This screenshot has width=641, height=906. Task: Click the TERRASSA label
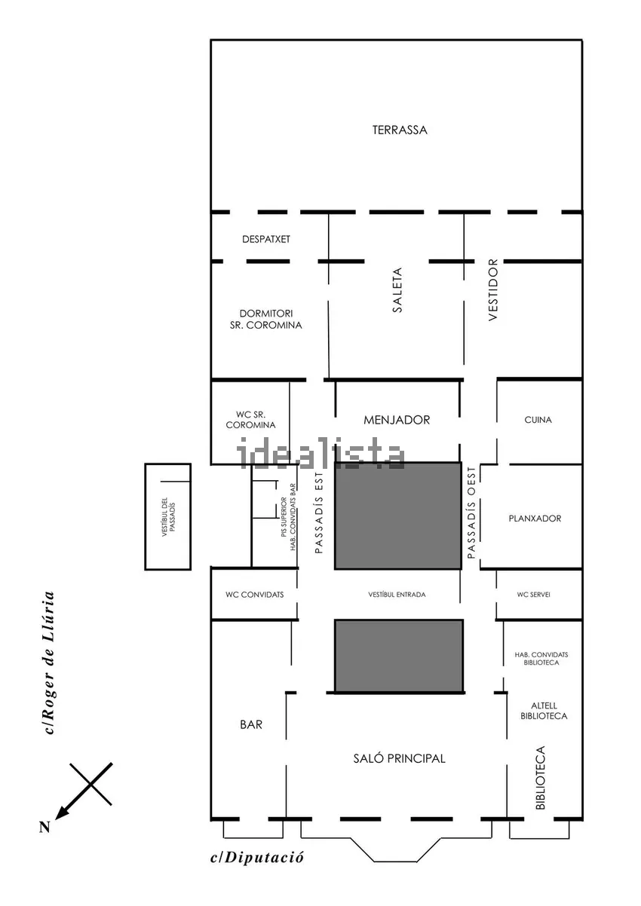point(400,130)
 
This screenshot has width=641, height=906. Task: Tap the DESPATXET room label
point(266,239)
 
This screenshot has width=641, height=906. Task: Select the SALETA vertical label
point(397,289)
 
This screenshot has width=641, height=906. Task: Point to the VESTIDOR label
point(493,290)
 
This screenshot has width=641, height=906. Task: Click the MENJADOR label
point(397,420)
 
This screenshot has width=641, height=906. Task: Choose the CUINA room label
point(538,420)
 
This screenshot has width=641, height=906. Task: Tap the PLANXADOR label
point(535,518)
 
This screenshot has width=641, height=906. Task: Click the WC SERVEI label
point(533,595)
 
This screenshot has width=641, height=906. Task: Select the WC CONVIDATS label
point(255,595)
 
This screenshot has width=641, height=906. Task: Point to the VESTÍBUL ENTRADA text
point(397,595)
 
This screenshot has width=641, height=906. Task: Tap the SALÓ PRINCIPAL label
point(399,758)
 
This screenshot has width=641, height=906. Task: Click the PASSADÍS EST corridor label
point(319,513)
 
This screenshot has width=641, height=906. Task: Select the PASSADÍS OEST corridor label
point(471,513)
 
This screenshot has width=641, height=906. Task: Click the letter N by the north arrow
point(44,827)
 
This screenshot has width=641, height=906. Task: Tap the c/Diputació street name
point(256,857)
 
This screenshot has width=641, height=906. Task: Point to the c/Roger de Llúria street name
point(49,663)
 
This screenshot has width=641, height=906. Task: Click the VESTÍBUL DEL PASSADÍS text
point(168,517)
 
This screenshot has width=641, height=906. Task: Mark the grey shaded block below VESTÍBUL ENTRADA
point(399,656)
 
